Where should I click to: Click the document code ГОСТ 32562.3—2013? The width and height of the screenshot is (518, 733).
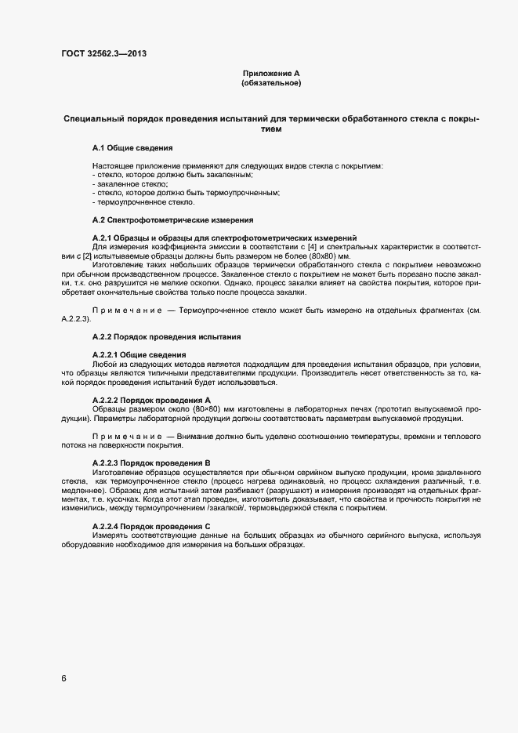tap(103, 53)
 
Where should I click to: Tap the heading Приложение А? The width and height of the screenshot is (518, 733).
tap(271, 73)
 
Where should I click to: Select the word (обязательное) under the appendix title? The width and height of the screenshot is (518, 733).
tap(271, 82)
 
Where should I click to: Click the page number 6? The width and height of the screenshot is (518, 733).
tap(64, 678)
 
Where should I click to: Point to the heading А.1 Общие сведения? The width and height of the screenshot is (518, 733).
tap(132, 147)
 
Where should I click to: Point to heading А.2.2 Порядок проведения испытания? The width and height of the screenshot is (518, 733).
tap(166, 337)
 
